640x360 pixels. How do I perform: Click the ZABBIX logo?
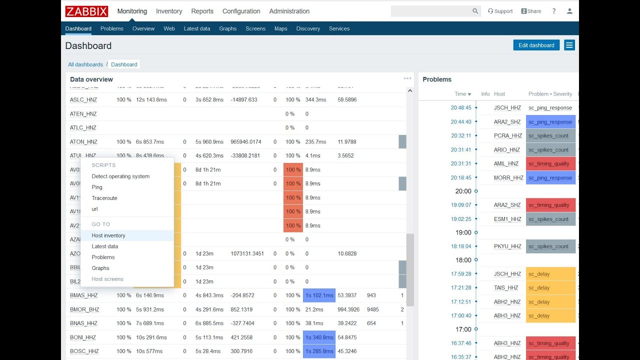pos(86,11)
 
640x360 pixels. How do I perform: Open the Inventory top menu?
pos(169,11)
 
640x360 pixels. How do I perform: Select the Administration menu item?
pos(289,11)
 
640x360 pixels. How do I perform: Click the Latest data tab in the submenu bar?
pos(196,28)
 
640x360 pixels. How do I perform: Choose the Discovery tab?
pos(308,28)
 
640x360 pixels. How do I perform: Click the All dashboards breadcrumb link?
pos(85,64)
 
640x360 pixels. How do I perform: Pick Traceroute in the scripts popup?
pos(104,198)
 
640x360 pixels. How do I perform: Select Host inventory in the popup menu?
pos(108,235)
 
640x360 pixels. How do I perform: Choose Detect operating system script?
pos(120,176)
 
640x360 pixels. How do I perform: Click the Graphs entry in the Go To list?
pos(100,268)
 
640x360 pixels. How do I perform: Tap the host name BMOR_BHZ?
pos(84,309)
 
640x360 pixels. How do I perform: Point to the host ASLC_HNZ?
pos(83,99)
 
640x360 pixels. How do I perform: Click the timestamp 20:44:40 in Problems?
pos(460,122)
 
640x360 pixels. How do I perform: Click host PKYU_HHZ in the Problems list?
pos(507,246)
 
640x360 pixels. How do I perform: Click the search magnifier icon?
pos(475,11)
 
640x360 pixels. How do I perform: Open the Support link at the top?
pos(500,11)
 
